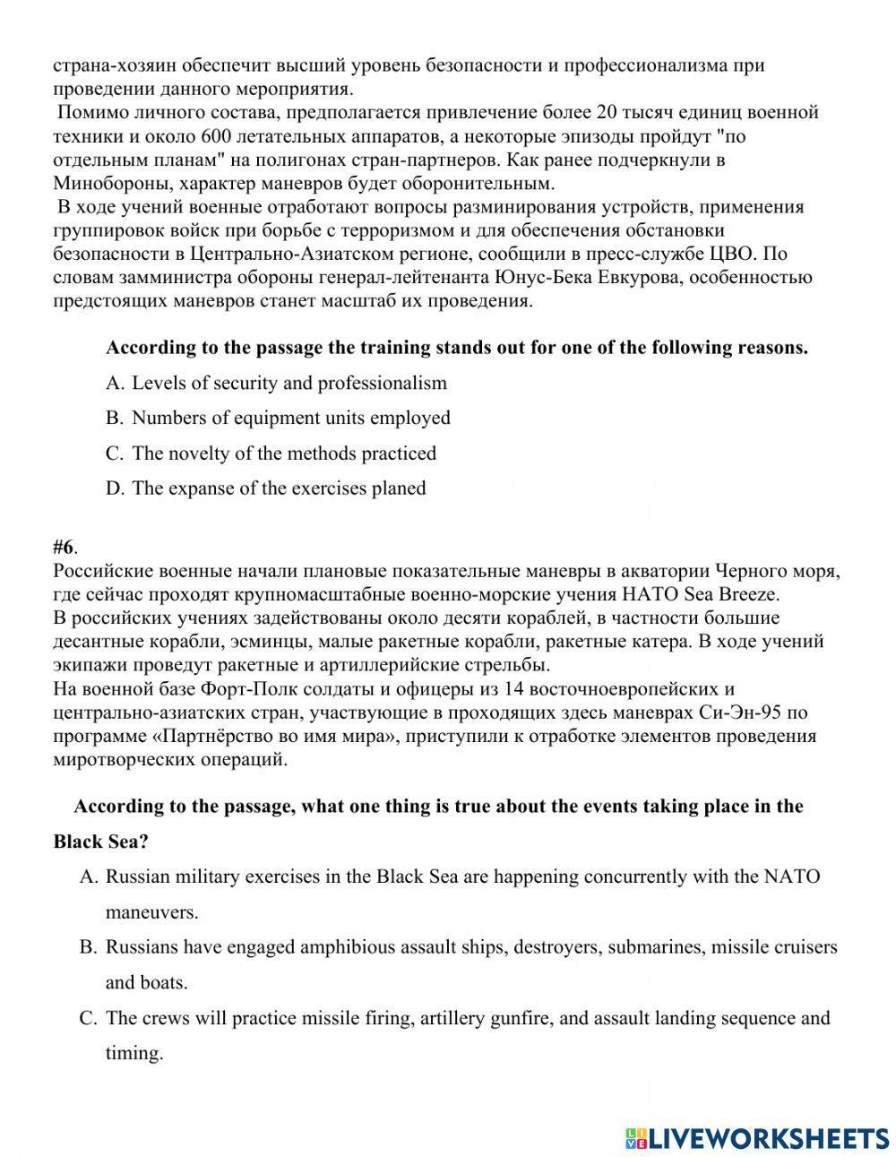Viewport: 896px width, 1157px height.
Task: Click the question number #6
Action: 65,548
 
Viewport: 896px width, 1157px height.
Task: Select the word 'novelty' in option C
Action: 197,453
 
